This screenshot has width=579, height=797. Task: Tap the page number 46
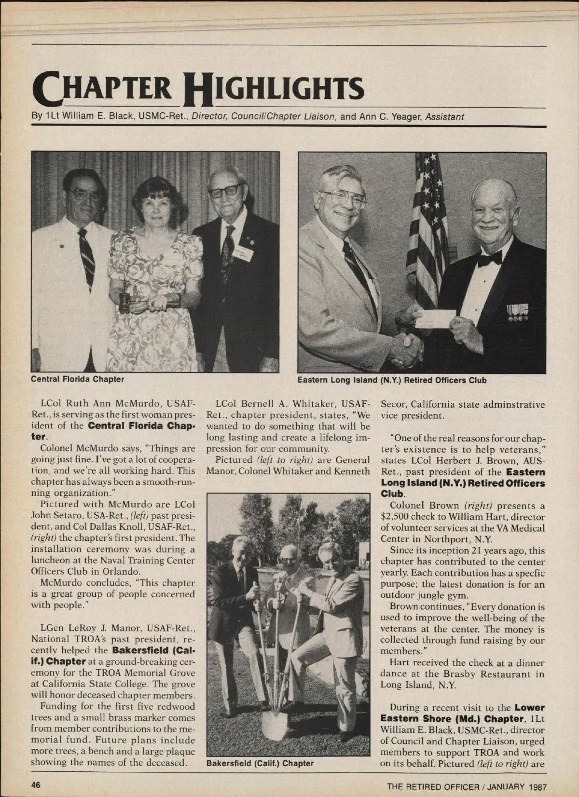tap(36, 784)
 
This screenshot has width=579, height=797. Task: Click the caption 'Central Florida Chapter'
tap(78, 379)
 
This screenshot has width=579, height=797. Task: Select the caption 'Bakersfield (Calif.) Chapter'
tap(260, 763)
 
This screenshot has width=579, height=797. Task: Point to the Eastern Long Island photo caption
tap(392, 380)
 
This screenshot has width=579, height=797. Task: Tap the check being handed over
tap(436, 318)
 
